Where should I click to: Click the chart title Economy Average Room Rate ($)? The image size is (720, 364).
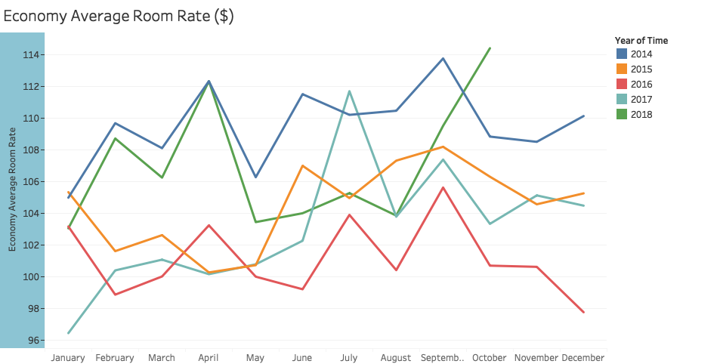[119, 17]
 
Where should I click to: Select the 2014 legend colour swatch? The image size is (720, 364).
[622, 54]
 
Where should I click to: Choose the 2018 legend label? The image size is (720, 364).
[641, 114]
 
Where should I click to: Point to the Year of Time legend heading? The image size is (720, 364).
[641, 40]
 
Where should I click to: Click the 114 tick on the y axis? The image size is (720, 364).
[32, 55]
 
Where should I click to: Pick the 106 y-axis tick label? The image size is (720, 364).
[32, 182]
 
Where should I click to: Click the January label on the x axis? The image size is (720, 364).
[68, 358]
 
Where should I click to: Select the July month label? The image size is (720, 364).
[349, 358]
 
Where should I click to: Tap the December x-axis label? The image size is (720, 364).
[583, 358]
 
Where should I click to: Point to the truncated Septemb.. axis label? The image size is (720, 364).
[443, 358]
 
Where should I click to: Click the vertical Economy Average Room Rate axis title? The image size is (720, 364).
[13, 190]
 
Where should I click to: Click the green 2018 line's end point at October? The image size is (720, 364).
[490, 48]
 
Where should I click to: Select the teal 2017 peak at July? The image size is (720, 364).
[349, 91]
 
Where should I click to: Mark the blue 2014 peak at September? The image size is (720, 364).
[443, 58]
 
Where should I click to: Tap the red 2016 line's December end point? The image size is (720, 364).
[583, 312]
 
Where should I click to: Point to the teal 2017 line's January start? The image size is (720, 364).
[69, 333]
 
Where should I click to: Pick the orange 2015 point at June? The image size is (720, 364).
[302, 165]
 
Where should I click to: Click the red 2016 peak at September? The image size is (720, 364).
[443, 187]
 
